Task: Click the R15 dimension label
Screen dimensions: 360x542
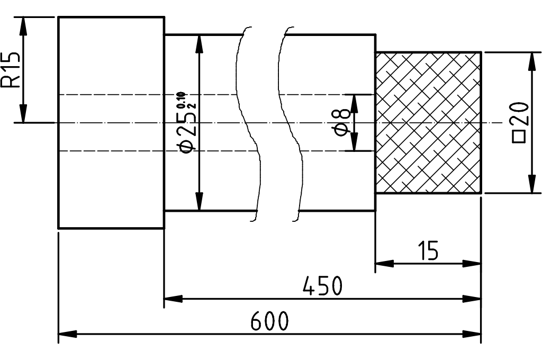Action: [12, 69]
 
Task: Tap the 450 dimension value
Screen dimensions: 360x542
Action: [322, 286]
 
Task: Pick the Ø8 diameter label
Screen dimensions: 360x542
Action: [342, 122]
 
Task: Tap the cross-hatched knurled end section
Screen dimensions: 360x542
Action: [428, 122]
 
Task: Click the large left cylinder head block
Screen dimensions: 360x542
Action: [111, 122]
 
